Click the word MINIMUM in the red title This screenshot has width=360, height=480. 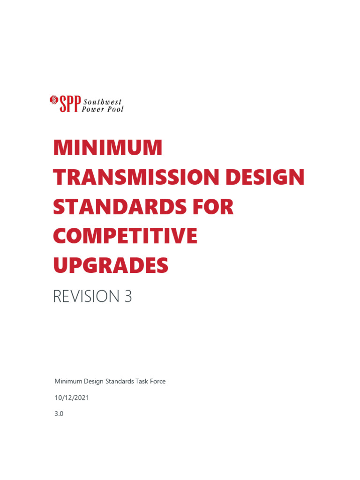tap(108, 148)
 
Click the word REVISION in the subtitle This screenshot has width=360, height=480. tap(87, 297)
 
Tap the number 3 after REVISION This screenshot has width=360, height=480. tap(128, 297)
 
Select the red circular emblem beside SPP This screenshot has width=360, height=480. tap(53, 99)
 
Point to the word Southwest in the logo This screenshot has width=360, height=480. tap(102, 101)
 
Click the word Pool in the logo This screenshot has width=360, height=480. tap(115, 109)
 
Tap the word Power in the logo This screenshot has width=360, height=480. tap(93, 109)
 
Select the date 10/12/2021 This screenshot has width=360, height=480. tap(72, 397)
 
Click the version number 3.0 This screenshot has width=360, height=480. tap(59, 414)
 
